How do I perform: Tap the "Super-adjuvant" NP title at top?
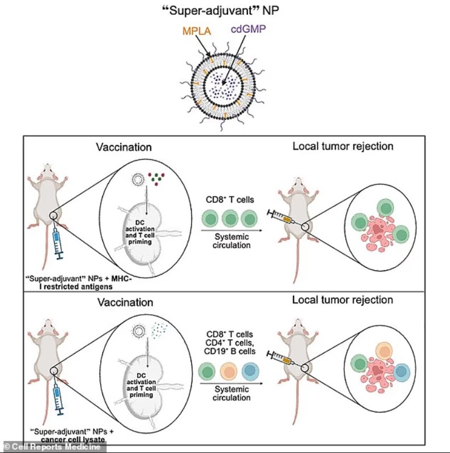click(225, 10)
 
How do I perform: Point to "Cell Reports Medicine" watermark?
click(48, 447)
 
